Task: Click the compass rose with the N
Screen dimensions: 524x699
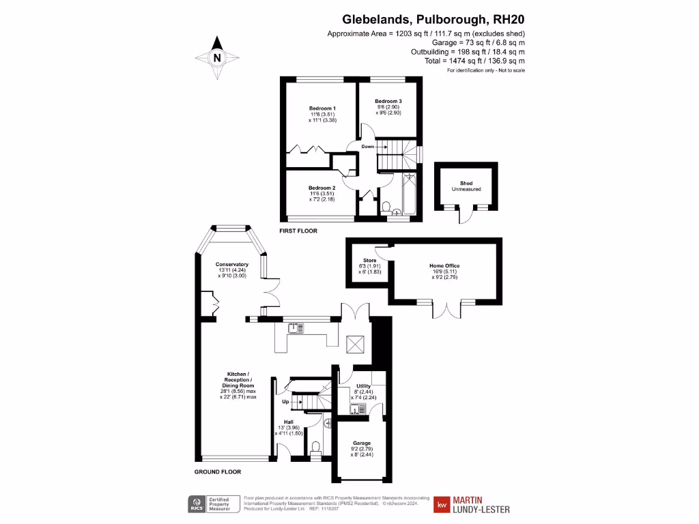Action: pyautogui.click(x=217, y=58)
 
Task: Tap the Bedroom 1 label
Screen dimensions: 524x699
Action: pyautogui.click(x=322, y=109)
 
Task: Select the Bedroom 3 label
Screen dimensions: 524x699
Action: pyautogui.click(x=388, y=102)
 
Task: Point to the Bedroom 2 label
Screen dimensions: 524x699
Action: pyautogui.click(x=322, y=188)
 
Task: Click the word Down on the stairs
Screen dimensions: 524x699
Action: pyautogui.click(x=367, y=147)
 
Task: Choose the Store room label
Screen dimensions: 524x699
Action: pyautogui.click(x=369, y=260)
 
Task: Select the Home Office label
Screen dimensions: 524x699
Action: pyautogui.click(x=444, y=265)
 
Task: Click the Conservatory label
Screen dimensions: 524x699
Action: pyautogui.click(x=232, y=264)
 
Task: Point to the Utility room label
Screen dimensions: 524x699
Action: pyautogui.click(x=363, y=386)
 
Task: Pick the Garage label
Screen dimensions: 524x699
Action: pyautogui.click(x=361, y=443)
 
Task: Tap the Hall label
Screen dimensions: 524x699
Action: pyautogui.click(x=288, y=422)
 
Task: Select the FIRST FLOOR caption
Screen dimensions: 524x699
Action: pyautogui.click(x=298, y=231)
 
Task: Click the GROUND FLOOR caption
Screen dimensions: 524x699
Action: pyautogui.click(x=217, y=471)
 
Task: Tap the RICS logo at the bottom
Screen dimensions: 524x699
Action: pyautogui.click(x=198, y=504)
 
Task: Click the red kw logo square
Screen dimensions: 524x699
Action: pyautogui.click(x=442, y=505)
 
